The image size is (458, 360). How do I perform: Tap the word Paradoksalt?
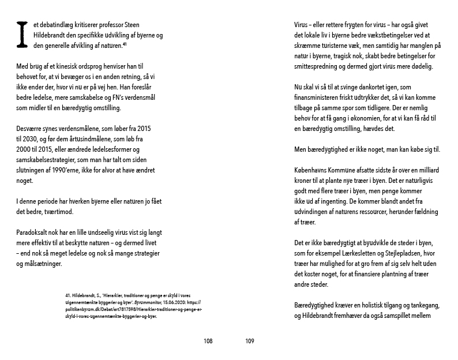click(35, 233)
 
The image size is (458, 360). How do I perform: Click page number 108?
click(208, 341)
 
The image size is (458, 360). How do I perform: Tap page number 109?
click(250, 341)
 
